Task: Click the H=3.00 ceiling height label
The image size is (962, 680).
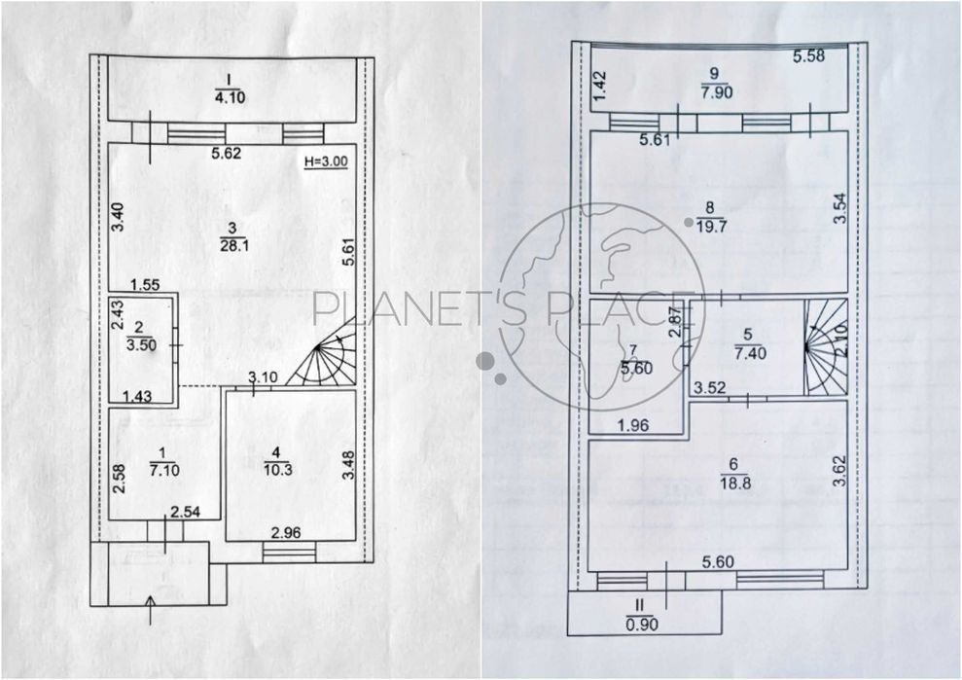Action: tap(326, 161)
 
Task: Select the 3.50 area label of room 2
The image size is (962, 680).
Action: tap(141, 345)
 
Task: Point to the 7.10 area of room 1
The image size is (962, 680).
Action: tap(163, 470)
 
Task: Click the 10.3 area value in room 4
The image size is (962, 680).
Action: tap(278, 470)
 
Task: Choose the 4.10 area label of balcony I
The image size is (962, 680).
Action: tap(231, 97)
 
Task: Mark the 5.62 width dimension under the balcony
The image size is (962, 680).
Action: tap(227, 153)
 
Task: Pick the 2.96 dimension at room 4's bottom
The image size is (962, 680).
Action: tap(286, 533)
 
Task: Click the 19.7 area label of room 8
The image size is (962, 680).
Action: tap(712, 227)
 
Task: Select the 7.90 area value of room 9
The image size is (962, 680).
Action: tap(717, 92)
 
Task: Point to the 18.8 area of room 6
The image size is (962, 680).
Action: tap(735, 483)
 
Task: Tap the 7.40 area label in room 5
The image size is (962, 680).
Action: tap(750, 353)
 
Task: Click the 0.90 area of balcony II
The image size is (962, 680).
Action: tap(642, 625)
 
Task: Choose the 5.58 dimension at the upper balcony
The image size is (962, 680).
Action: tap(808, 56)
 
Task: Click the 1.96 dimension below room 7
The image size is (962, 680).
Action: tap(632, 425)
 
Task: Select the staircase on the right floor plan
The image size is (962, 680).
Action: tap(826, 348)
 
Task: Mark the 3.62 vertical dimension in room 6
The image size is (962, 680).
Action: tap(838, 471)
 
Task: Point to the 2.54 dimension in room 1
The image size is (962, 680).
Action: tap(185, 512)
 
